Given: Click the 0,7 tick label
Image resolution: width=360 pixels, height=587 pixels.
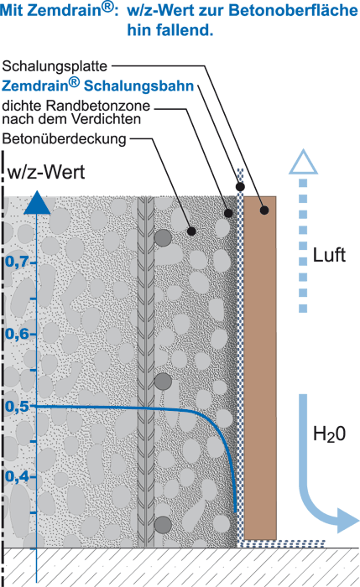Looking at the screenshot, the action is (x=18, y=262).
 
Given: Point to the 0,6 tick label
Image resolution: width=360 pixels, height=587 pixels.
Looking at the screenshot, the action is (x=18, y=334).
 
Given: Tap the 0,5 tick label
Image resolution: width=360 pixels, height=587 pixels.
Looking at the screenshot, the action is (x=18, y=406).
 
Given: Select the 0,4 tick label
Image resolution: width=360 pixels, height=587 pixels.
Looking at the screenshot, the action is (x=18, y=476).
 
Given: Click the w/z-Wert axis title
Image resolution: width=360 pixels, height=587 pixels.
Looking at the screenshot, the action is (x=46, y=172).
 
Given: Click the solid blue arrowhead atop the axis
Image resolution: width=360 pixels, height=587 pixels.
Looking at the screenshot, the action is (x=37, y=203).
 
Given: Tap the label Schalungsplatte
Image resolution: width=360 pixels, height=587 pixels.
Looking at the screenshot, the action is (x=55, y=66).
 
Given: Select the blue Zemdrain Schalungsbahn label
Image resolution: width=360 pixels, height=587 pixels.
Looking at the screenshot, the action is (x=98, y=86).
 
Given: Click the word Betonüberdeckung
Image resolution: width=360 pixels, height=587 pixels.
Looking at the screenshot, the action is (x=64, y=139).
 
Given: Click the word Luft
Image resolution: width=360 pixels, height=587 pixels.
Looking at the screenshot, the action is (x=329, y=255).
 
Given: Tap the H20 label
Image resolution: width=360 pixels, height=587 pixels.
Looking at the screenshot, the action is (x=329, y=434).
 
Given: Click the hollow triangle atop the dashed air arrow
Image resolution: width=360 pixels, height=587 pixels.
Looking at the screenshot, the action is (x=304, y=163).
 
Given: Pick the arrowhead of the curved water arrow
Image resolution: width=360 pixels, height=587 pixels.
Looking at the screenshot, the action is (x=348, y=521).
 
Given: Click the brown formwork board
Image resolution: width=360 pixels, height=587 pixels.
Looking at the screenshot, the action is (x=260, y=368).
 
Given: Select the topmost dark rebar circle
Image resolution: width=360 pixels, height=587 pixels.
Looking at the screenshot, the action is (x=163, y=237).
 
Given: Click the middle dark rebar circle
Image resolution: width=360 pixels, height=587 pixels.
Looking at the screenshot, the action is (x=163, y=381).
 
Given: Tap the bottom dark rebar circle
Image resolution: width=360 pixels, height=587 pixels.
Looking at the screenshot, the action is (x=163, y=524).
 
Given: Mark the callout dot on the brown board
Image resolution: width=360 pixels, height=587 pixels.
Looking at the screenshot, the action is (x=264, y=210).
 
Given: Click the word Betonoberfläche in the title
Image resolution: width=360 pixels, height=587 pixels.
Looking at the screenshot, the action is (x=294, y=10).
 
